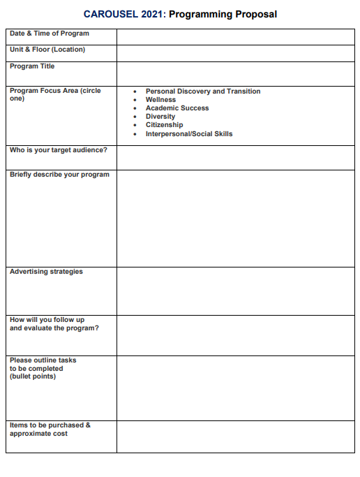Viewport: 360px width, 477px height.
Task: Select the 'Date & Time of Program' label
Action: pos(50,34)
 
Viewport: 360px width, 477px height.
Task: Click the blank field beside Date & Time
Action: pos(235,36)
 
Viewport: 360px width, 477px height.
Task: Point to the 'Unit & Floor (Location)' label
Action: pos(47,50)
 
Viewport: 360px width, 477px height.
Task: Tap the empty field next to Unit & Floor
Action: pos(235,53)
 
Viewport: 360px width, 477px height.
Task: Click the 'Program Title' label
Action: pos(32,66)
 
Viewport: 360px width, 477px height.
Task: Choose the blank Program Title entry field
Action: pos(235,73)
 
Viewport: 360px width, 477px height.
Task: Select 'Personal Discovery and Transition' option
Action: pos(202,91)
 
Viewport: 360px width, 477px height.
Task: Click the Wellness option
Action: pos(160,100)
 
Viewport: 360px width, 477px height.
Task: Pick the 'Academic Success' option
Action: pos(177,108)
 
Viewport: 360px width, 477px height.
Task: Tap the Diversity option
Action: pos(160,117)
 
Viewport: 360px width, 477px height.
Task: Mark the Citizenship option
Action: pos(164,125)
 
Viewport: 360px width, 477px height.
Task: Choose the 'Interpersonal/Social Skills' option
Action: pos(188,133)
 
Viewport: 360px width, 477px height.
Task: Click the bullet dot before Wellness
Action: pos(135,100)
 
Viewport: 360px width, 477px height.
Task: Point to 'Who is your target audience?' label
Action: pos(53,150)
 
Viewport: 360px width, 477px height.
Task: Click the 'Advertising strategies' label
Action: pos(46,272)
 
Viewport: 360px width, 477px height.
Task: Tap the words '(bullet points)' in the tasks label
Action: pos(33,376)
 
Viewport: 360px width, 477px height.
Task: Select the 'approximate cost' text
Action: pos(38,434)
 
